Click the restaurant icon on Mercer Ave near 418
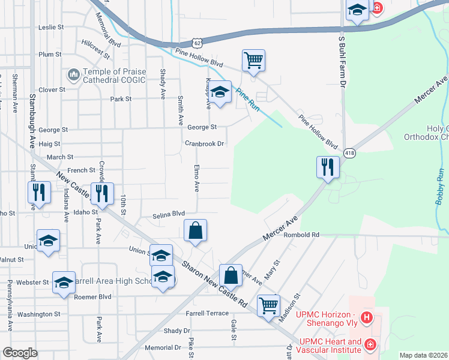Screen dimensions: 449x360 328,166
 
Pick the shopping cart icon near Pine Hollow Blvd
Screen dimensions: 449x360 253,60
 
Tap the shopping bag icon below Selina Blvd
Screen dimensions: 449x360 196,230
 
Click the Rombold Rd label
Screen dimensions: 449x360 303,235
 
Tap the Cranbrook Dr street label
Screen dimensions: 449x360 204,144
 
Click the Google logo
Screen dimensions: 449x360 20,353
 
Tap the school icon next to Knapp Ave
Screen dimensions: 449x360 220,92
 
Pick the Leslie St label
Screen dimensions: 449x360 51,27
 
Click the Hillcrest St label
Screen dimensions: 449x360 96,49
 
